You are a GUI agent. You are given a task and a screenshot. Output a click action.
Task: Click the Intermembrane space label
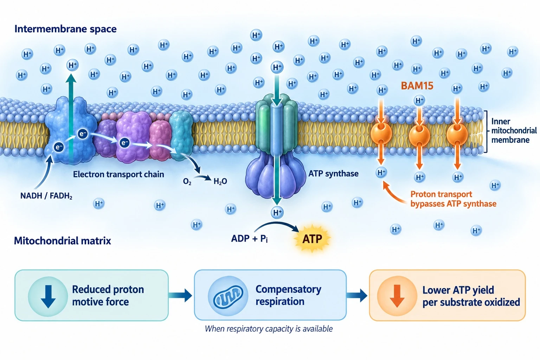coord(66,29)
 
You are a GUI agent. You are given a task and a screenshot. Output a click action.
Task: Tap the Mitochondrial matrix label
coord(63,240)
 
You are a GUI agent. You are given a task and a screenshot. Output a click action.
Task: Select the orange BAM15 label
coord(417,86)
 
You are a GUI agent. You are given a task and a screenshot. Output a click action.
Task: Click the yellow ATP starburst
coord(312,239)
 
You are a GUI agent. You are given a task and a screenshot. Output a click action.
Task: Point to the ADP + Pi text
coord(250,238)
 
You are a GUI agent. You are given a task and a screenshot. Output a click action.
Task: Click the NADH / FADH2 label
coord(46,195)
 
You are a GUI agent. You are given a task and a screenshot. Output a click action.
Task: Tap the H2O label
coord(220,181)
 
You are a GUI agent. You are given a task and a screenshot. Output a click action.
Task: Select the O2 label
coord(187,181)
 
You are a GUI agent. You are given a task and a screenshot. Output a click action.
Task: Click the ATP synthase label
coord(333,174)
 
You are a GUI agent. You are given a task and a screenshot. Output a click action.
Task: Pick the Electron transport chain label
coord(118,174)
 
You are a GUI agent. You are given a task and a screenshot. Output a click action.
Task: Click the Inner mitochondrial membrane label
coord(514,130)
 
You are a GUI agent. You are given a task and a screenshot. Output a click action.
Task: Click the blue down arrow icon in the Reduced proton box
coord(48,296)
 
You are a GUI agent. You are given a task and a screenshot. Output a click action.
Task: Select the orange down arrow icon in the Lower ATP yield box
coord(397,296)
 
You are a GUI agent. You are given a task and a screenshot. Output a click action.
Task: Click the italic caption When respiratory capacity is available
coord(269,329)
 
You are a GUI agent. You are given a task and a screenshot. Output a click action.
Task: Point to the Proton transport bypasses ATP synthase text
coord(453,199)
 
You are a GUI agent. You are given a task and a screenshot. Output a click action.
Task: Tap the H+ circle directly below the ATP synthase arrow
coord(277,212)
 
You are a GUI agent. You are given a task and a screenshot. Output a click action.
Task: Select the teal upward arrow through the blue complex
coord(71,118)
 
